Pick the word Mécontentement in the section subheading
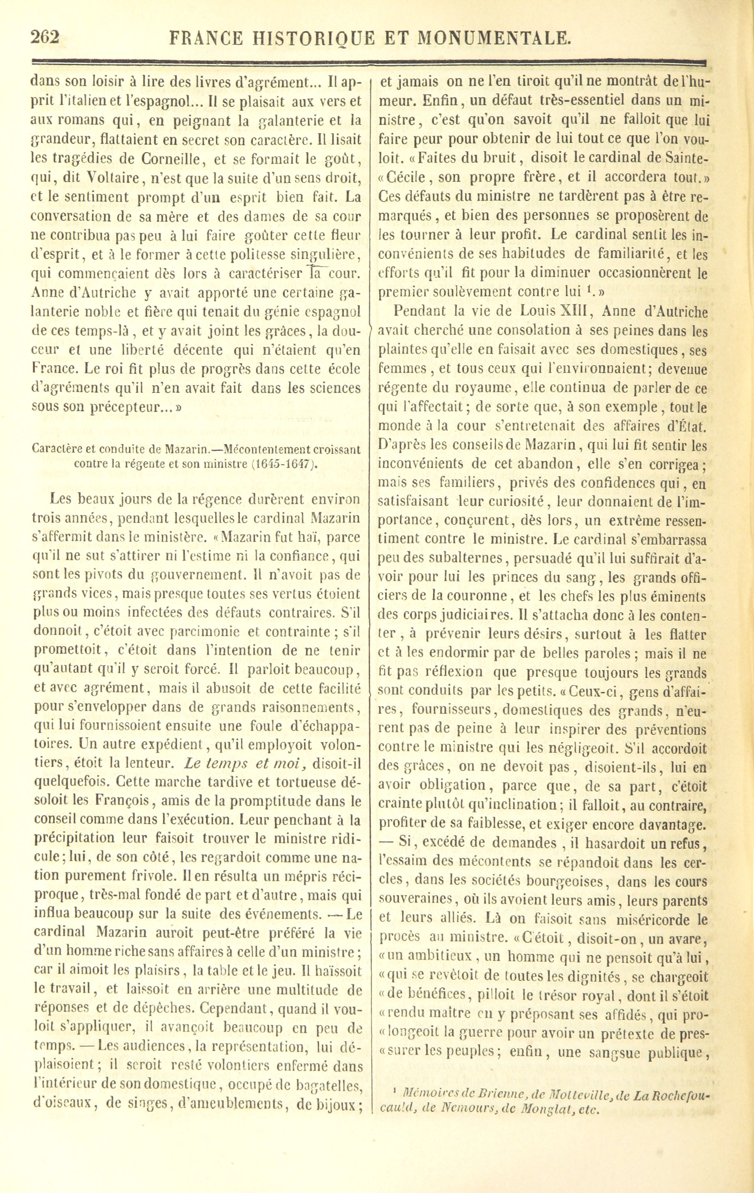[x=263, y=449]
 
